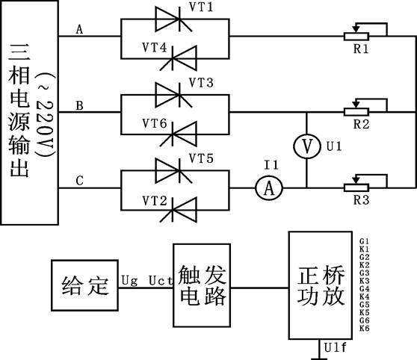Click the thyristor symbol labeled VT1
pos(173,19)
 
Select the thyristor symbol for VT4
pos(178,58)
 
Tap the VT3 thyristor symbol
pos(173,95)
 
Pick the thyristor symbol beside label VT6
pos(178,134)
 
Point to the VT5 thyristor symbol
pos(173,171)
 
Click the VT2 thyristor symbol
pos(178,210)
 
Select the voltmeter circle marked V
pos(306,146)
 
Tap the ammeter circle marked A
pos(269,188)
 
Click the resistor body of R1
pos(356,36)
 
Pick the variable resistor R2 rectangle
pos(356,112)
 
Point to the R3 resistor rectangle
pos(356,187)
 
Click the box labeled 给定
pos(85,285)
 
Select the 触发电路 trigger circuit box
pos(202,285)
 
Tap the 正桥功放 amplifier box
pos(321,285)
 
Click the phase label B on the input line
pos(79,105)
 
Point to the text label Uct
pos(161,281)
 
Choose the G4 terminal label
pos(365,289)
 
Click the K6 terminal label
pos(365,328)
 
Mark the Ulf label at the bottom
pos(336,347)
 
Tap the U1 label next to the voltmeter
pos(334,146)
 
